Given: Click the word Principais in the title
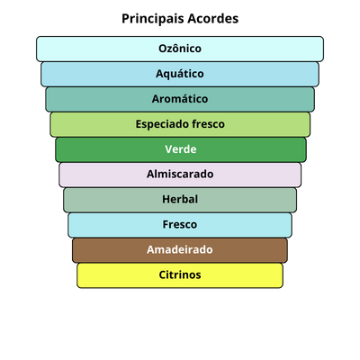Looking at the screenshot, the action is coord(152,19).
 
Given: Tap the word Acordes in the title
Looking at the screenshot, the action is coord(213,19).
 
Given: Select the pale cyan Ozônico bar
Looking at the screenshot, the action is coord(180,49).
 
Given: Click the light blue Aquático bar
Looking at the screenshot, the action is coord(180,74).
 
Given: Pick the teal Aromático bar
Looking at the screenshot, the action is coord(180,99).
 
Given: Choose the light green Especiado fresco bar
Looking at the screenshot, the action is coord(180,124).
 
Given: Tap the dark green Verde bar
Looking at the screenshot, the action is coord(181,149).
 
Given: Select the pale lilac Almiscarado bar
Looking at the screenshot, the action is coord(180,175).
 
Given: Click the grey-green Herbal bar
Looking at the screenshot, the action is coord(180,200).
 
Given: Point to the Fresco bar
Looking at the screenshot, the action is coord(180,225).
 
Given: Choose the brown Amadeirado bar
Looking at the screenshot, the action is coord(180,250).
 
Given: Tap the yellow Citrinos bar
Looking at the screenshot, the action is coord(180,275).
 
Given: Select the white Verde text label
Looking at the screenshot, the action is coord(181,149).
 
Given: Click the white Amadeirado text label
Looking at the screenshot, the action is coord(180,249).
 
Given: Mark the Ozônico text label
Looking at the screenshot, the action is coord(180,48).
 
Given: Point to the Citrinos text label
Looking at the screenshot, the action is coord(180,274).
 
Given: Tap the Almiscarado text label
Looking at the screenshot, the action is coord(180,174).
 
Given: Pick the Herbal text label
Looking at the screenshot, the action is coord(180,199).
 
